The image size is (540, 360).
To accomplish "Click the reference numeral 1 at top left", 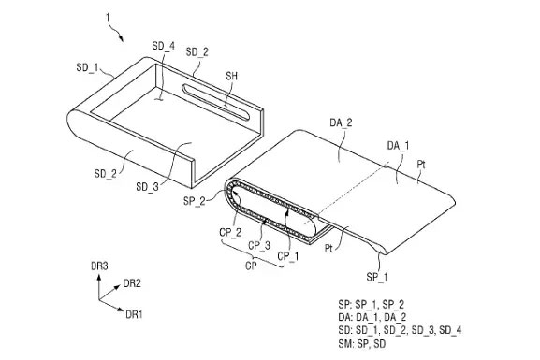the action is (x=109, y=18).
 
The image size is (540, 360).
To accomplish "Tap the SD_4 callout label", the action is (x=163, y=46).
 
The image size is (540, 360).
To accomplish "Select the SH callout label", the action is (x=232, y=76).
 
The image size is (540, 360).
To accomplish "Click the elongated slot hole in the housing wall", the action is (x=215, y=102).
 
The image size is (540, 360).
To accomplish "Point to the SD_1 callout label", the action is (x=87, y=67).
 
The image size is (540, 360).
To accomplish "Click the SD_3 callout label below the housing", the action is (x=147, y=186).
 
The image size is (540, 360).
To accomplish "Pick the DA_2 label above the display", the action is (x=341, y=122).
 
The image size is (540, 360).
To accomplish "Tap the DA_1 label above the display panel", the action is (x=398, y=146).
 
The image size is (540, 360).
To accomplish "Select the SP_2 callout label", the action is (x=195, y=200).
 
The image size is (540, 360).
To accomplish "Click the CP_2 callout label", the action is (x=230, y=233).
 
